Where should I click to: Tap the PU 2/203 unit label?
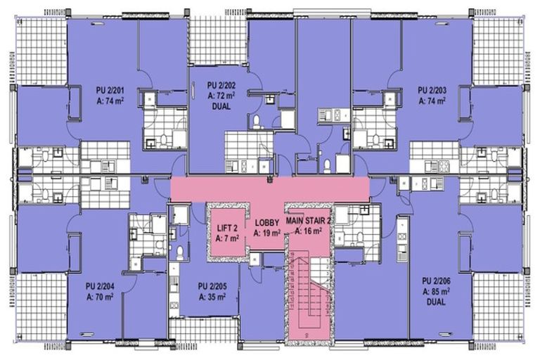(433, 90)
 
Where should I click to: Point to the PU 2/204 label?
(100, 286)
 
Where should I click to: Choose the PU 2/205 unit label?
(212, 286)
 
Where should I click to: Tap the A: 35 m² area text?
(212, 297)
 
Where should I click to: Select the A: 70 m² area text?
(100, 297)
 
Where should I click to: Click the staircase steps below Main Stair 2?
(307, 295)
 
